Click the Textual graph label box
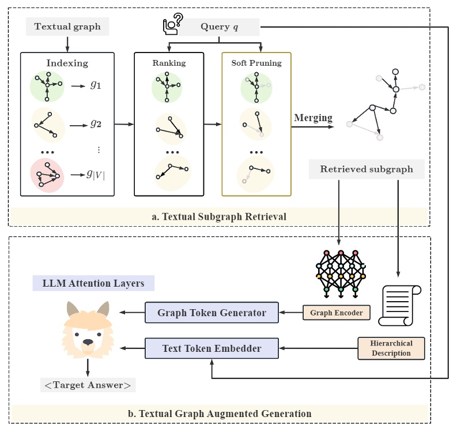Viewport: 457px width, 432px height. click(67, 27)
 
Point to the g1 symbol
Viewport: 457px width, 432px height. click(95, 85)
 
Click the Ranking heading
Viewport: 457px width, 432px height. click(169, 63)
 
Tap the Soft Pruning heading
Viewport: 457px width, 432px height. click(256, 63)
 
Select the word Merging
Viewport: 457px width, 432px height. click(313, 118)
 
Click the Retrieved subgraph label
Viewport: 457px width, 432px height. click(367, 170)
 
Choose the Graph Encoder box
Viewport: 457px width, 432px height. click(336, 313)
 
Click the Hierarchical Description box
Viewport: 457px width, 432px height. click(391, 348)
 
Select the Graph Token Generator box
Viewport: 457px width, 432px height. click(212, 313)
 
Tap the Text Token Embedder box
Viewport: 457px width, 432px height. click(212, 348)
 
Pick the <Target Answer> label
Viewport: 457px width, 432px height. click(88, 385)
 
